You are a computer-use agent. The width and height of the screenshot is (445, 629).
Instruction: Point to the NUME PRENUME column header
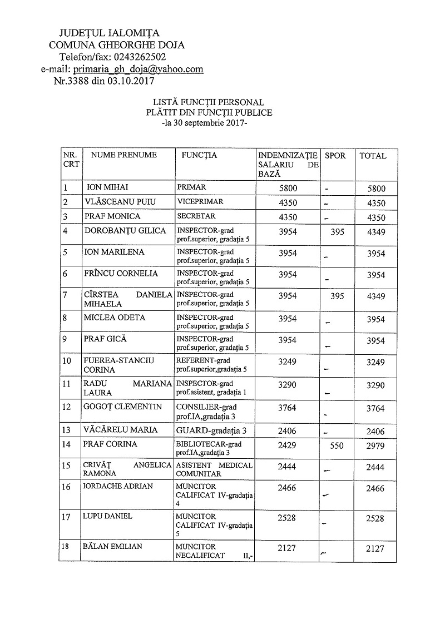point(123,156)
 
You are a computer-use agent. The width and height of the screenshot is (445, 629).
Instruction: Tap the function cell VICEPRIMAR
point(199,202)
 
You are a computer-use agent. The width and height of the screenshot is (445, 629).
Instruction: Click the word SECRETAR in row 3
point(195,216)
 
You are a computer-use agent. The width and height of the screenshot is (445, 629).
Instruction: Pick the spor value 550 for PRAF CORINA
point(337,446)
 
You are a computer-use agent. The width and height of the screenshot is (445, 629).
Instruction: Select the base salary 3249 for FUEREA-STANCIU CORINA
point(287,363)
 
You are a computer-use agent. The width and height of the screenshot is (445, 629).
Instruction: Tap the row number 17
point(66,517)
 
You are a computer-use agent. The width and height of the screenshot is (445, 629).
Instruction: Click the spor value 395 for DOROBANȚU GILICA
point(337,232)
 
